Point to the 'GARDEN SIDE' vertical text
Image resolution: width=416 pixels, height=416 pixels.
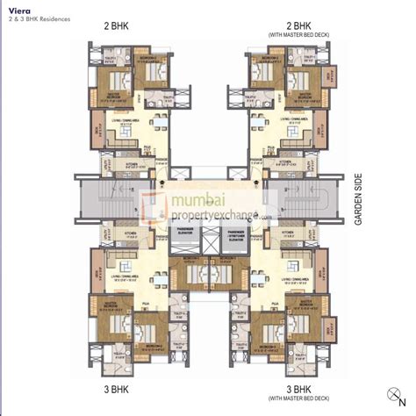[359, 197]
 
